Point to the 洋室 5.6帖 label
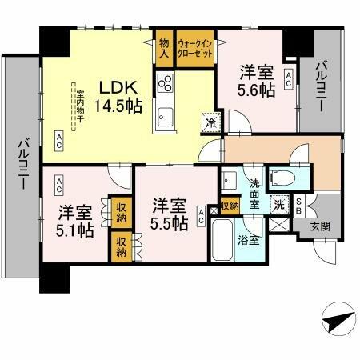254,80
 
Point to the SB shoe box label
298,206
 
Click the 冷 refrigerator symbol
208,123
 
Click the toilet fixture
281,176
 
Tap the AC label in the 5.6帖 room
288,78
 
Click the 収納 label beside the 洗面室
230,206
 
